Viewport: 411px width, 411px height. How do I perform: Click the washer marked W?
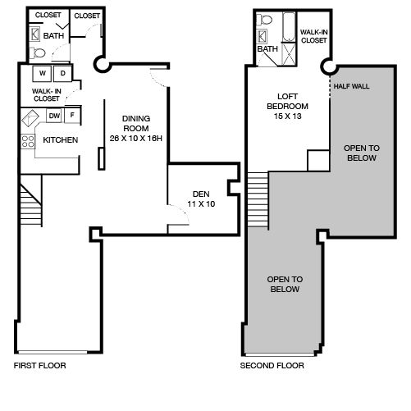pyautogui.click(x=42, y=73)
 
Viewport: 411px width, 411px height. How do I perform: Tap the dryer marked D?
pyautogui.click(x=62, y=73)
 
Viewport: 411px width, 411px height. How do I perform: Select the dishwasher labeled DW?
pyautogui.click(x=54, y=116)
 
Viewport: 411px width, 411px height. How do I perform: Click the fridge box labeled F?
pyautogui.click(x=72, y=115)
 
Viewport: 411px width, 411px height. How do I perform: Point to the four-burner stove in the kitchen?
pyautogui.click(x=28, y=141)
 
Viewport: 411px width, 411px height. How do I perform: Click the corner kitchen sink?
pyautogui.click(x=30, y=118)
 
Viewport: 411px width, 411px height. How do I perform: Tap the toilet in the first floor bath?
pyautogui.click(x=38, y=53)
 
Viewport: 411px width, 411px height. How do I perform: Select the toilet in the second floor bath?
pyautogui.click(x=264, y=20)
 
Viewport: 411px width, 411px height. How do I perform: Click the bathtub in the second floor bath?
pyautogui.click(x=289, y=27)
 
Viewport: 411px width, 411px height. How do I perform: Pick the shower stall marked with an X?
pyautogui.click(x=289, y=55)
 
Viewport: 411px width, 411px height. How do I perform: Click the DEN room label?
pyautogui.click(x=201, y=194)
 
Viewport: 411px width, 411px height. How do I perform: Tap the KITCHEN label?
pyautogui.click(x=61, y=140)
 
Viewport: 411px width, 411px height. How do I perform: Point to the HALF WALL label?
pyautogui.click(x=351, y=86)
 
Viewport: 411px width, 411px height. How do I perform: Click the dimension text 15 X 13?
pyautogui.click(x=288, y=116)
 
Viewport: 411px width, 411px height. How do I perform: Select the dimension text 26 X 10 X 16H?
pyautogui.click(x=136, y=139)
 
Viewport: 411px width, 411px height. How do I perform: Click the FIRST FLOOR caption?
pyautogui.click(x=40, y=366)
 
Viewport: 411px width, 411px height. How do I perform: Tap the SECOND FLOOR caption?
pyautogui.click(x=272, y=366)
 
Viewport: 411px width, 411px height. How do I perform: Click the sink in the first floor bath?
pyautogui.click(x=34, y=34)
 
